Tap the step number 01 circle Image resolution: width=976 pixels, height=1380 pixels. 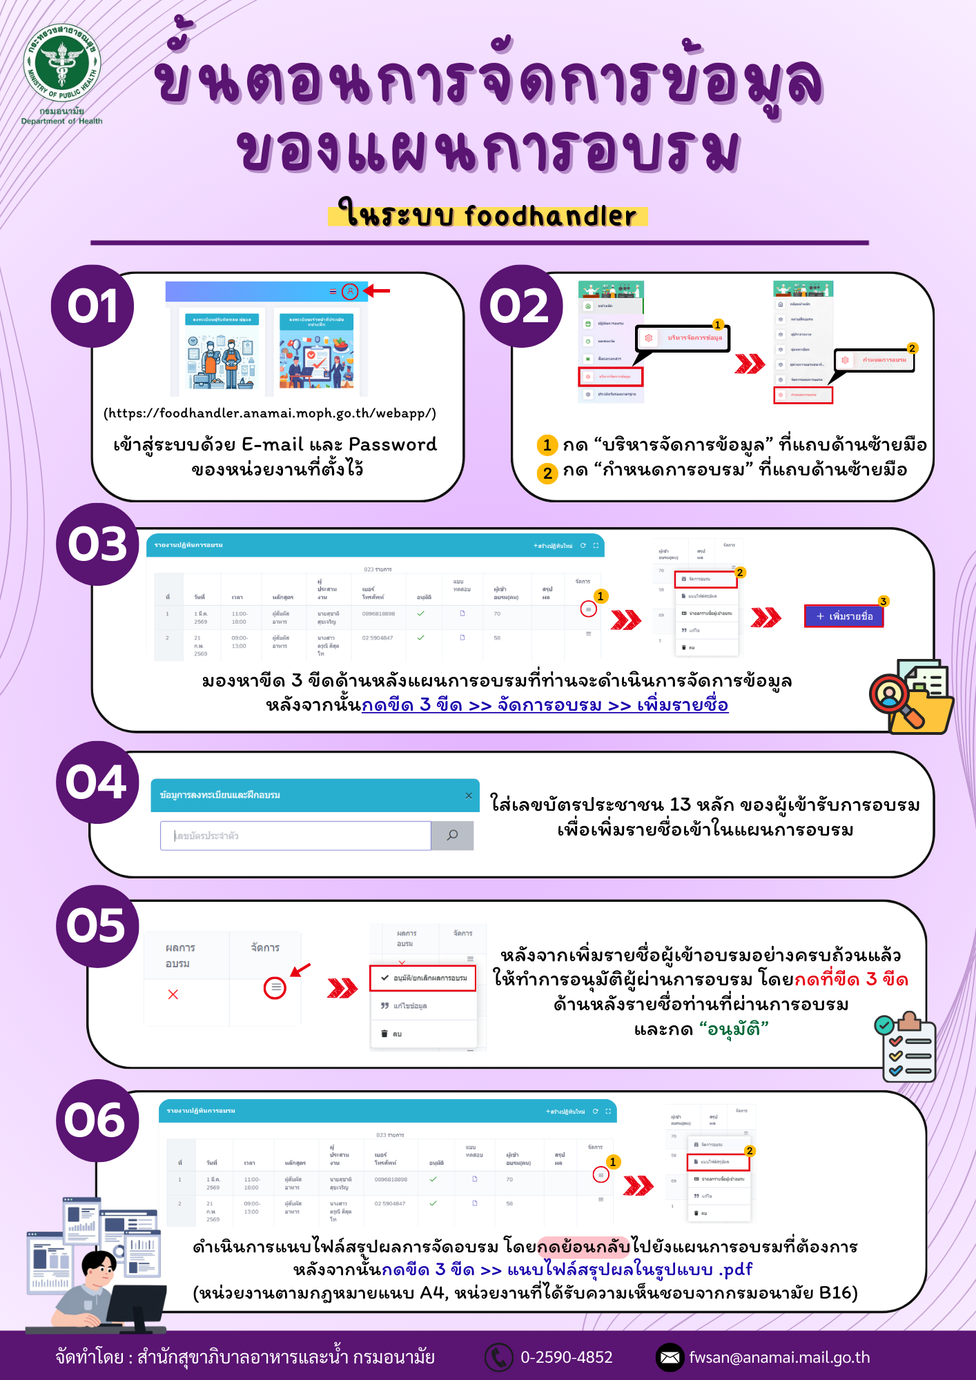pyautogui.click(x=92, y=306)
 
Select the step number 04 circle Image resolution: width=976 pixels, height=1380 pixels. pyautogui.click(x=97, y=782)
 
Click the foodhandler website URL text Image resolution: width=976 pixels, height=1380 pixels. pyautogui.click(x=270, y=413)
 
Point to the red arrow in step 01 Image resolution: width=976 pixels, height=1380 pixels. pyautogui.click(x=377, y=291)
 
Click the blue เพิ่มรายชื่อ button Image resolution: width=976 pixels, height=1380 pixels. pyautogui.click(x=843, y=616)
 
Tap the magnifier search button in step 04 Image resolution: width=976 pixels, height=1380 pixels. pyautogui.click(x=452, y=836)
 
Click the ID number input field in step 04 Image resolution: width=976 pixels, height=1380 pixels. pyautogui.click(x=295, y=836)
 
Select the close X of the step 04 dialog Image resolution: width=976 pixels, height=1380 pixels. pyautogui.click(x=469, y=796)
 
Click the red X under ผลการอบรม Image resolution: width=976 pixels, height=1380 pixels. pyautogui.click(x=173, y=994)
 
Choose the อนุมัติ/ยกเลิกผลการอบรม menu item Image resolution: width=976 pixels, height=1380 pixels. pyautogui.click(x=423, y=978)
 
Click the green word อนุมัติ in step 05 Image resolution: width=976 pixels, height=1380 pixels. pyautogui.click(x=734, y=1029)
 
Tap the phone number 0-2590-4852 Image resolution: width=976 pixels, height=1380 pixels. pyautogui.click(x=566, y=1357)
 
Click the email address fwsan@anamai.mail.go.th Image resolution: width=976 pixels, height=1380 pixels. pyautogui.click(x=779, y=1357)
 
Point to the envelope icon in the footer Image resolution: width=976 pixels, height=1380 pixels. pyautogui.click(x=670, y=1357)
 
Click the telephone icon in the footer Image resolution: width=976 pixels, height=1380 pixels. pyautogui.click(x=498, y=1357)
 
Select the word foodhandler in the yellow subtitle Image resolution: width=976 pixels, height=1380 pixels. pyautogui.click(x=550, y=216)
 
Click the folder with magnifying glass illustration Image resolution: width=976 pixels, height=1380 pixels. pyautogui.click(x=912, y=697)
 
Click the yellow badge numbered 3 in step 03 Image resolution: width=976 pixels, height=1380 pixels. pyautogui.click(x=883, y=602)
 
